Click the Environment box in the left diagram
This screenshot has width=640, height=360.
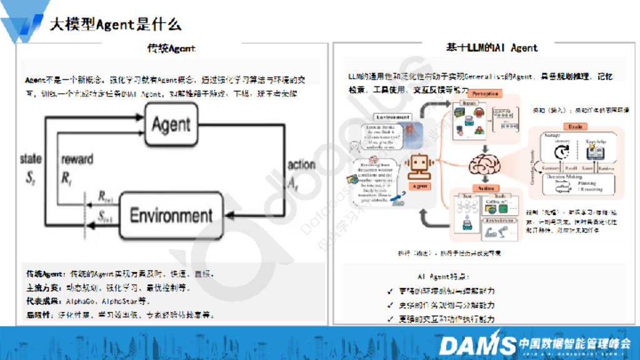[171, 216]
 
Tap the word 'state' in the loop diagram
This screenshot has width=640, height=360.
[31, 159]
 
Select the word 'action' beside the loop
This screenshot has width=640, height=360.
[301, 165]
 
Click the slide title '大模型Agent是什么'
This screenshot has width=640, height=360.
[116, 24]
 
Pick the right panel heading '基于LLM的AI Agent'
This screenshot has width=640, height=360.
[491, 47]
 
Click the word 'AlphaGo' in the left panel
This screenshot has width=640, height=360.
[83, 301]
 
